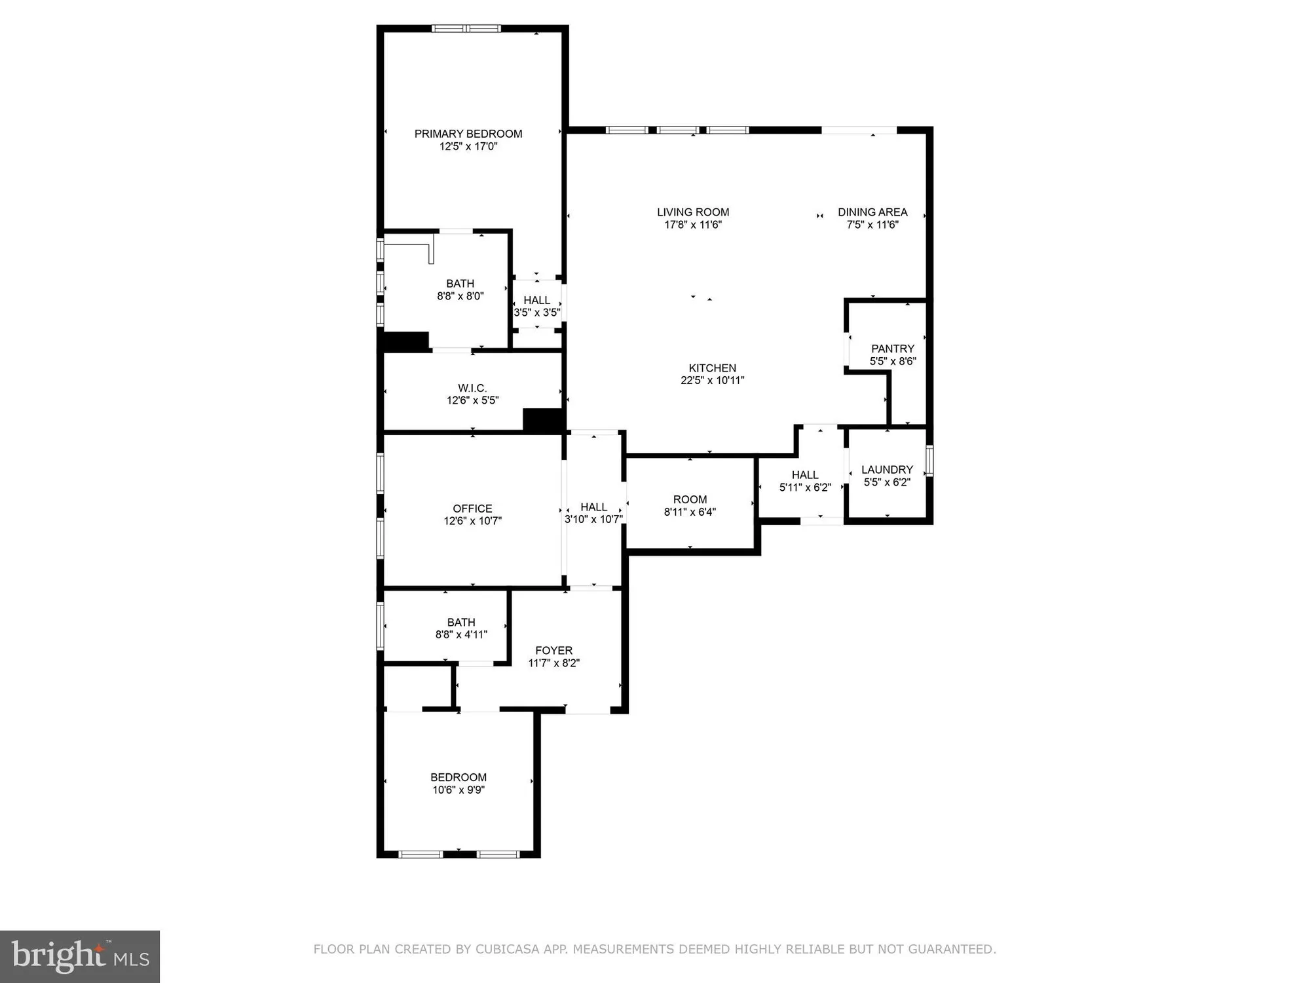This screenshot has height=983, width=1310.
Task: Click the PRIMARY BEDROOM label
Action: (x=468, y=134)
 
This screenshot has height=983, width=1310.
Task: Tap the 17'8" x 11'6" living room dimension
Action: (x=693, y=225)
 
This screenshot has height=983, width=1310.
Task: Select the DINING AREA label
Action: (x=872, y=212)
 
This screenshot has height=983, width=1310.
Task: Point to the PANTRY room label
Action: (x=892, y=349)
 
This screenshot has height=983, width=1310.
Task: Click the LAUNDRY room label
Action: (x=887, y=469)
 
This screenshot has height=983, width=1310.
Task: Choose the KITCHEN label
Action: (x=712, y=368)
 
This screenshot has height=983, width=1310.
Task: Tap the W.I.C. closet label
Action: (x=472, y=388)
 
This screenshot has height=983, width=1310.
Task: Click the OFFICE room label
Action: (x=472, y=509)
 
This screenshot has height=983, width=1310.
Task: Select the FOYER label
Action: (x=553, y=650)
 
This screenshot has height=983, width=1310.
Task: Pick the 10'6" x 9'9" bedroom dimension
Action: (x=458, y=790)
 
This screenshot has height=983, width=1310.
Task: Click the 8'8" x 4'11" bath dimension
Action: (x=461, y=634)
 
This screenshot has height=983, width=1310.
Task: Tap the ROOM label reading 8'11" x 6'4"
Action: (x=690, y=499)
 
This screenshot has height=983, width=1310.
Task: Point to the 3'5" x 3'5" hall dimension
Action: (x=536, y=313)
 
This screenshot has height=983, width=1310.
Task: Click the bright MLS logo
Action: (x=80, y=956)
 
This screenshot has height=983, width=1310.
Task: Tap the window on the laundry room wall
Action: (x=929, y=460)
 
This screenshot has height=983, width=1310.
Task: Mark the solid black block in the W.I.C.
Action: (x=543, y=420)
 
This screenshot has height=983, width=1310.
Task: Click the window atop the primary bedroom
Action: (x=466, y=28)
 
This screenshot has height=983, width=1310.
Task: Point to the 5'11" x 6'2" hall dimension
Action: (x=805, y=488)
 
